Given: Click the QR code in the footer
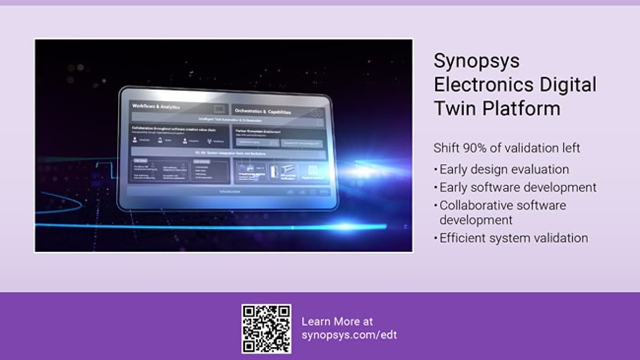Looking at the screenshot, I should tap(266, 329).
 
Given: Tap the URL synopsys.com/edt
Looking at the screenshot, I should tap(349, 335).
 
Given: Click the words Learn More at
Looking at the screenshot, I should tap(337, 322).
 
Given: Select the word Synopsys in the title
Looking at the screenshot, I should tap(476, 60).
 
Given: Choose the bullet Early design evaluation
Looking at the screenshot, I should tap(504, 170).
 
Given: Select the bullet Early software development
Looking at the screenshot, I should tap(517, 188).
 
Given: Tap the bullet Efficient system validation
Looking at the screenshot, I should tap(513, 238).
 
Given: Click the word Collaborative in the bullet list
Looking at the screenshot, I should tap(479, 205).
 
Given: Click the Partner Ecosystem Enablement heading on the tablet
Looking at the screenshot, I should tap(257, 131).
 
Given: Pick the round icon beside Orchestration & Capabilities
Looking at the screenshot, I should tap(316, 113).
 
